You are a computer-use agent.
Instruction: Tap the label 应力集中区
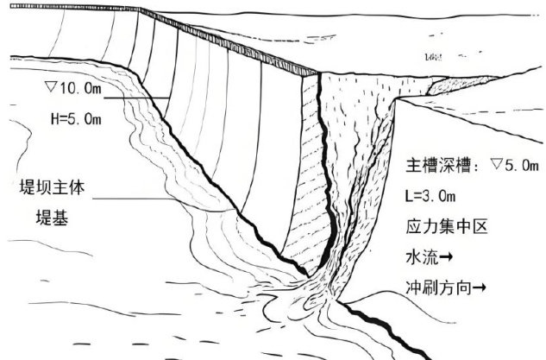click(447, 231)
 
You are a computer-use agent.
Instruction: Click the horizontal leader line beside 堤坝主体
click(138, 201)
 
